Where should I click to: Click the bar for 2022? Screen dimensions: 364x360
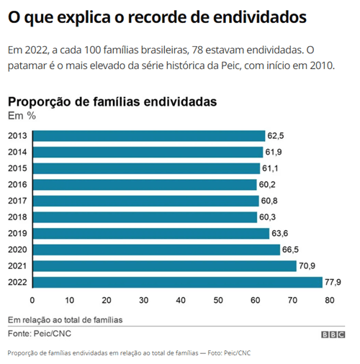point(177,282)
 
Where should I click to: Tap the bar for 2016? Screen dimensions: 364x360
point(145,185)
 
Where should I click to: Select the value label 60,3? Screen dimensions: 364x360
point(269,217)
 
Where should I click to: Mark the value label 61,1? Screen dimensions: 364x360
point(272,168)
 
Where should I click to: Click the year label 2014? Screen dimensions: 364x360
point(17,152)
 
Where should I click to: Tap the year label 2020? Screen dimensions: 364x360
point(17,250)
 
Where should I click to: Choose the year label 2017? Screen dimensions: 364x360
point(17,201)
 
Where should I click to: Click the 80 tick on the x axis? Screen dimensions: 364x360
point(330,300)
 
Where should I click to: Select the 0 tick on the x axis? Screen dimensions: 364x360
point(32,300)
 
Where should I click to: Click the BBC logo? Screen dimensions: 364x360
point(333,335)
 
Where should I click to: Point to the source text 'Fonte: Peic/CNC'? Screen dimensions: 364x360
point(40,334)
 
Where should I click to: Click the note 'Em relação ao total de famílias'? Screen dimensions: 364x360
point(66,319)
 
